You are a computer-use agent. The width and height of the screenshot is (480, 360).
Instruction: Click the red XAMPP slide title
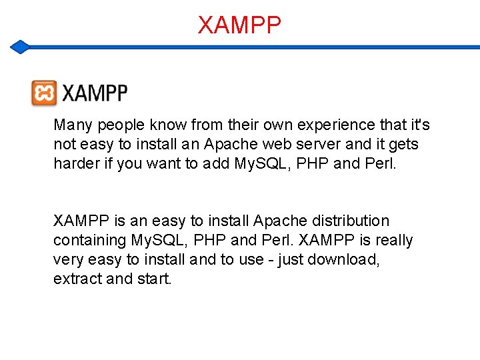point(239,25)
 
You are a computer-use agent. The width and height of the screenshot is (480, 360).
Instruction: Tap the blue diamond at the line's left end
point(21,47)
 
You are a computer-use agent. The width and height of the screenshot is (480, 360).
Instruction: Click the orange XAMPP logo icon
point(44,93)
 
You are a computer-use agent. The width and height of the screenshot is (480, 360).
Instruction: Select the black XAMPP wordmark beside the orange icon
point(95,94)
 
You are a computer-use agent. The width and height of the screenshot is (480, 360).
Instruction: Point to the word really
point(394,240)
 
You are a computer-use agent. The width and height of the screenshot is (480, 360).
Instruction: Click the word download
point(347,259)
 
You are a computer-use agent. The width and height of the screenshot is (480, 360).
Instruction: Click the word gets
point(403,145)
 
